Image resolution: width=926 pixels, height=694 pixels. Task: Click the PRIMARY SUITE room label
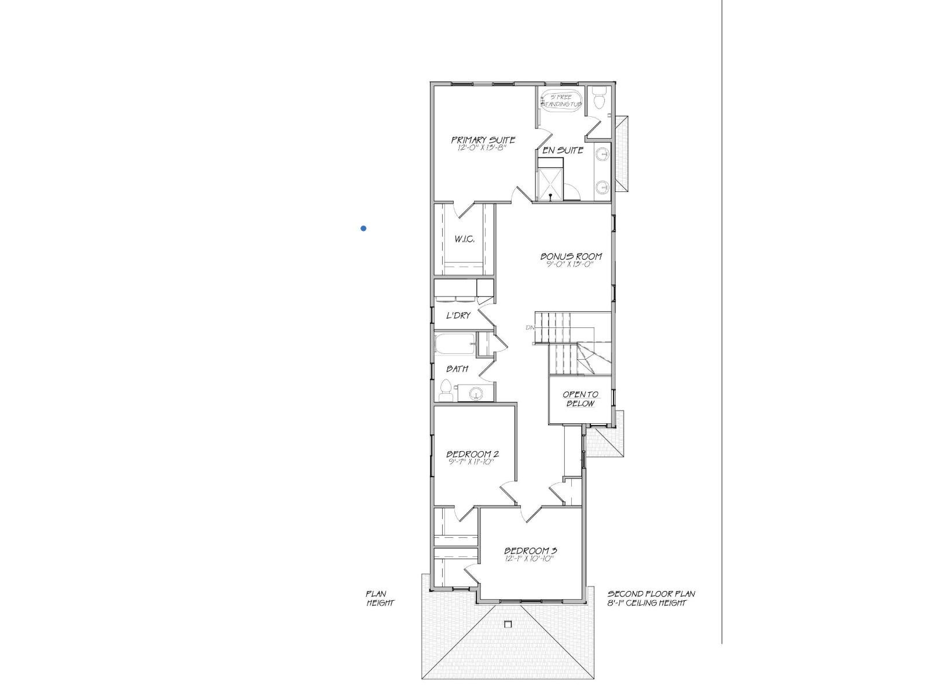click(x=483, y=140)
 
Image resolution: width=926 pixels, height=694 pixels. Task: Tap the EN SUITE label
click(x=563, y=150)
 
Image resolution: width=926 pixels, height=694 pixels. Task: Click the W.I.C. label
click(x=464, y=239)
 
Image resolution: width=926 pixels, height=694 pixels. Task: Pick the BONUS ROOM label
click(x=571, y=256)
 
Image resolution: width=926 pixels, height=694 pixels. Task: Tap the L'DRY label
click(x=458, y=316)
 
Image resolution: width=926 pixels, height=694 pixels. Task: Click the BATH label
click(x=457, y=369)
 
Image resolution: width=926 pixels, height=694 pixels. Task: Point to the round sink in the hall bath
click(x=476, y=395)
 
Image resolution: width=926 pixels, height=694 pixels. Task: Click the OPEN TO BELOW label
click(x=580, y=399)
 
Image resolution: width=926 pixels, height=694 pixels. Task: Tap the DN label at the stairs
click(x=529, y=328)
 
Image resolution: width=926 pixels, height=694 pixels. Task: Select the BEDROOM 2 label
click(x=472, y=454)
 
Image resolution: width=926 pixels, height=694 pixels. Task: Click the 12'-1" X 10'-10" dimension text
click(x=530, y=559)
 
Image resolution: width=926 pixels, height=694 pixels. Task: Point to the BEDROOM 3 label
click(x=530, y=551)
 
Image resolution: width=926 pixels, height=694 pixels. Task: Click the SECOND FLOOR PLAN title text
click(x=651, y=594)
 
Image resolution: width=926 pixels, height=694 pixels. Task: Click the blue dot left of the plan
click(x=363, y=228)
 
